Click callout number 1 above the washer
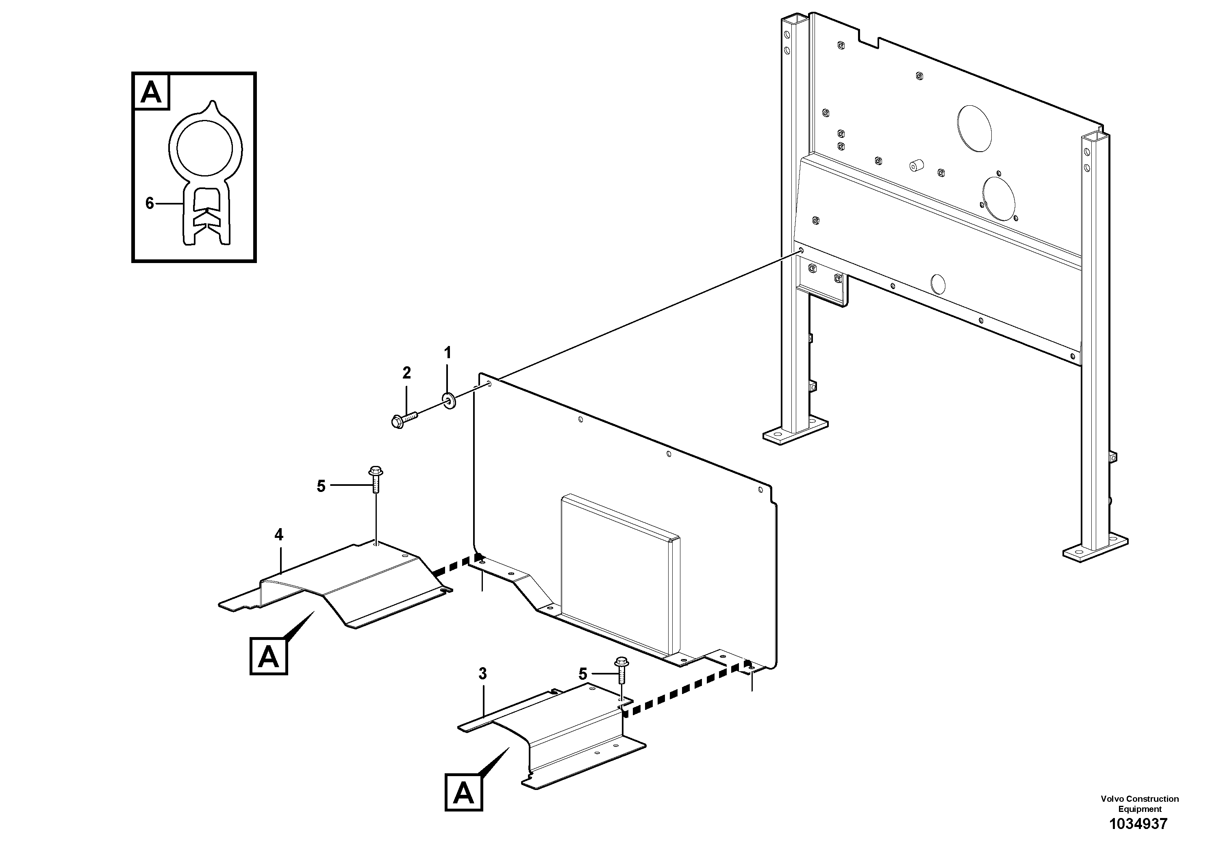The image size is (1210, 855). [448, 352]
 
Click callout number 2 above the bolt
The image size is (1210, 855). [406, 373]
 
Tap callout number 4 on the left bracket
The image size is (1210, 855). [279, 535]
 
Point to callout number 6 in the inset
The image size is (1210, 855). [150, 203]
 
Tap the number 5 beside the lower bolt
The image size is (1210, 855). [582, 674]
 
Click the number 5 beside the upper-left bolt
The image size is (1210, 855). [321, 486]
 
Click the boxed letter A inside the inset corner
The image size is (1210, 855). [152, 93]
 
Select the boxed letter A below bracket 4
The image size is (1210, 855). [269, 657]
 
